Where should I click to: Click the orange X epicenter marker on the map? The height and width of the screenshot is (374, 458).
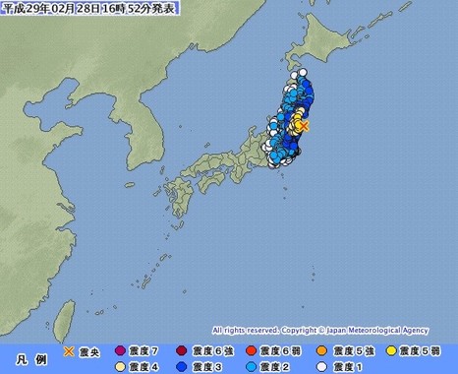click(x=304, y=126)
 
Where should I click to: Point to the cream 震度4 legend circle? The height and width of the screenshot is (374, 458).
click(x=121, y=366)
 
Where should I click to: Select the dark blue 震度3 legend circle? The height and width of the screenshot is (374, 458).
click(x=183, y=366)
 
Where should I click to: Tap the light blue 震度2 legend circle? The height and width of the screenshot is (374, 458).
click(x=252, y=366)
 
